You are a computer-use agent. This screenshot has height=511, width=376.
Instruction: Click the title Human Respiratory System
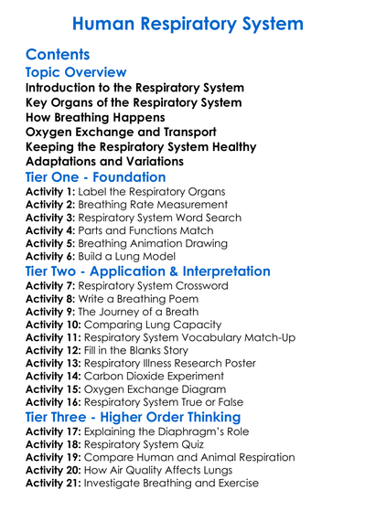coord(188,22)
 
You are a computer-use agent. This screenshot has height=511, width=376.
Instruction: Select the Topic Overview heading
coord(75,72)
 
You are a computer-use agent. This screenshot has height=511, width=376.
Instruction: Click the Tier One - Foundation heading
coord(95,177)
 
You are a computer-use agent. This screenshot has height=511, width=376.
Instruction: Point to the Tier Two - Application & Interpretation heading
coord(147,271)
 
